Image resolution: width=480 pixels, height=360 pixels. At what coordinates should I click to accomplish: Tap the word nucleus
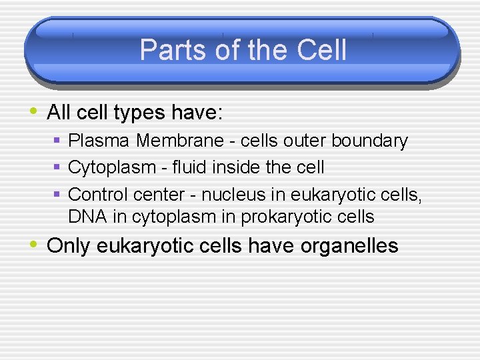[234, 194]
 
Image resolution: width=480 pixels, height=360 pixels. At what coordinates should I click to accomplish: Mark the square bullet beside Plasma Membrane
[58, 141]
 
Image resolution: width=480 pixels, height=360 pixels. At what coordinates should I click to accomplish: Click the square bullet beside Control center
[58, 194]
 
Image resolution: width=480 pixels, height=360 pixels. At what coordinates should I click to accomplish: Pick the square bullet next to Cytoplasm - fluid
[58, 167]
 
